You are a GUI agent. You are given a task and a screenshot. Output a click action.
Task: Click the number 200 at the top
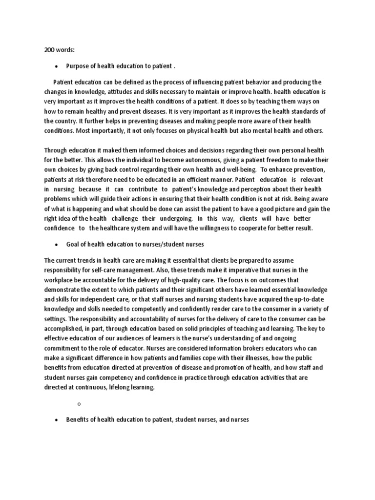(x=49, y=50)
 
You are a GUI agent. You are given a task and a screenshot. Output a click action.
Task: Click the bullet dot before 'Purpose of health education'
(x=57, y=66)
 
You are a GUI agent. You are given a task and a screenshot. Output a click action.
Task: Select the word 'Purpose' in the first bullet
(x=77, y=66)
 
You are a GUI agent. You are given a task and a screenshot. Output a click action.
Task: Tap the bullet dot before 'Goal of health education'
(x=57, y=244)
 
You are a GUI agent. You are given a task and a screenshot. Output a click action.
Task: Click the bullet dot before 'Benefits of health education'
(x=57, y=419)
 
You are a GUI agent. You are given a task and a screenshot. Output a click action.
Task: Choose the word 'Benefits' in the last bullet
(x=78, y=419)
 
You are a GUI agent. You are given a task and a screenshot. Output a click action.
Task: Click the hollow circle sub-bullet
(x=79, y=403)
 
